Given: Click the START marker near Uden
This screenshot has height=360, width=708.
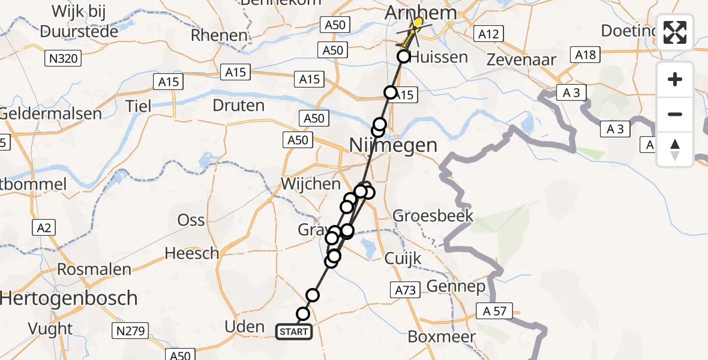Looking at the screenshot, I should [294, 332].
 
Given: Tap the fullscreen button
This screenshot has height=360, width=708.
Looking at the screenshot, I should [675, 32].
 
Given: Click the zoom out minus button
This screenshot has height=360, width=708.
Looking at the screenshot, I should [675, 114].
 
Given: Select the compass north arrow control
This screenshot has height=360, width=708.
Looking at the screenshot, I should [675, 149].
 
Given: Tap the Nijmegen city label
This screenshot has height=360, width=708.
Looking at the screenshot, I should [385, 145].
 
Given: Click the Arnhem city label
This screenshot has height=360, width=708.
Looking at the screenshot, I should [421, 13].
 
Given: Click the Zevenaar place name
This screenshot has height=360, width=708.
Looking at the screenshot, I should [521, 59].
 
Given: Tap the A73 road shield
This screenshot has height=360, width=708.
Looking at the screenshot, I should [406, 290].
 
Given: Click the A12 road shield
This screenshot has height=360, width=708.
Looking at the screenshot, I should [487, 34].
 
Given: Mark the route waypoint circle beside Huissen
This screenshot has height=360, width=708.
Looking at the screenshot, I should [404, 57].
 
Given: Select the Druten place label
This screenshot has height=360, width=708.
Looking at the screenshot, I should [238, 106].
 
